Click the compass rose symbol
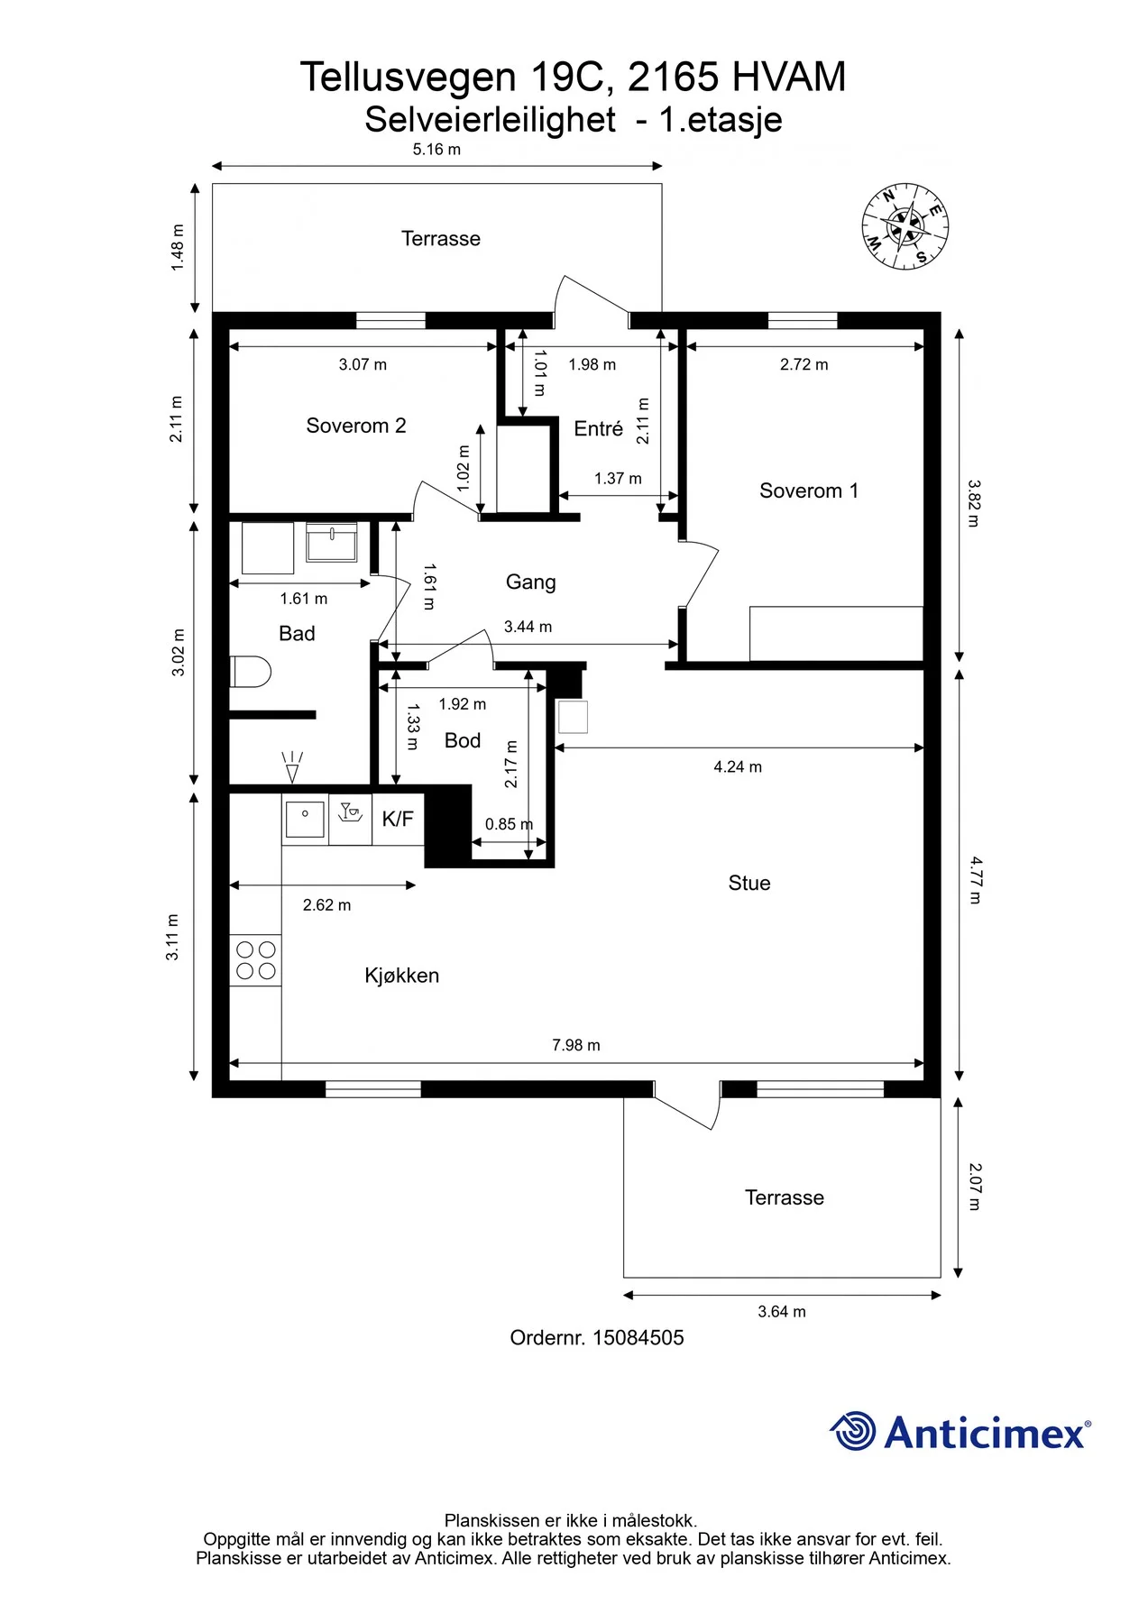point(905,226)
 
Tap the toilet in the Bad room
point(251,672)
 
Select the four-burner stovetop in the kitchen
point(255,960)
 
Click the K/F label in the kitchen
point(398,819)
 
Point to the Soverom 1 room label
point(809,491)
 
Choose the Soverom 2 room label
point(356,426)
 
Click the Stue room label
point(749,883)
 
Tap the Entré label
point(599,428)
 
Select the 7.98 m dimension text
point(576,1045)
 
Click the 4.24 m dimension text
point(738,766)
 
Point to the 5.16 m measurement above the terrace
point(436,150)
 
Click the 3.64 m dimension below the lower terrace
point(782,1312)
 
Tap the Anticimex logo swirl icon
point(852,1431)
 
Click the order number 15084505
point(638,1338)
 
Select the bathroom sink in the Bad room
point(332,542)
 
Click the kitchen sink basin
point(305,820)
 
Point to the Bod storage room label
point(463,740)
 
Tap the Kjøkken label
point(402,976)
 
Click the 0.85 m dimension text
point(509,824)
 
